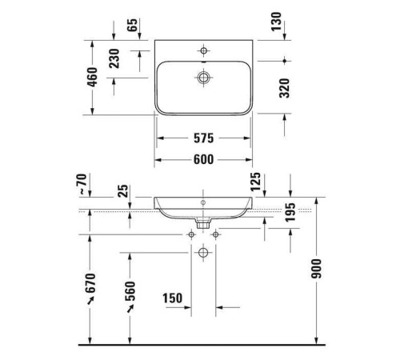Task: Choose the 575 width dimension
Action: tap(203, 138)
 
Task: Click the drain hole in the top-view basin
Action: tap(203, 78)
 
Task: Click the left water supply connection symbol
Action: tap(191, 234)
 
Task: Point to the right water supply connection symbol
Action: tap(214, 234)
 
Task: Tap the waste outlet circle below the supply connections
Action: tap(202, 253)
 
